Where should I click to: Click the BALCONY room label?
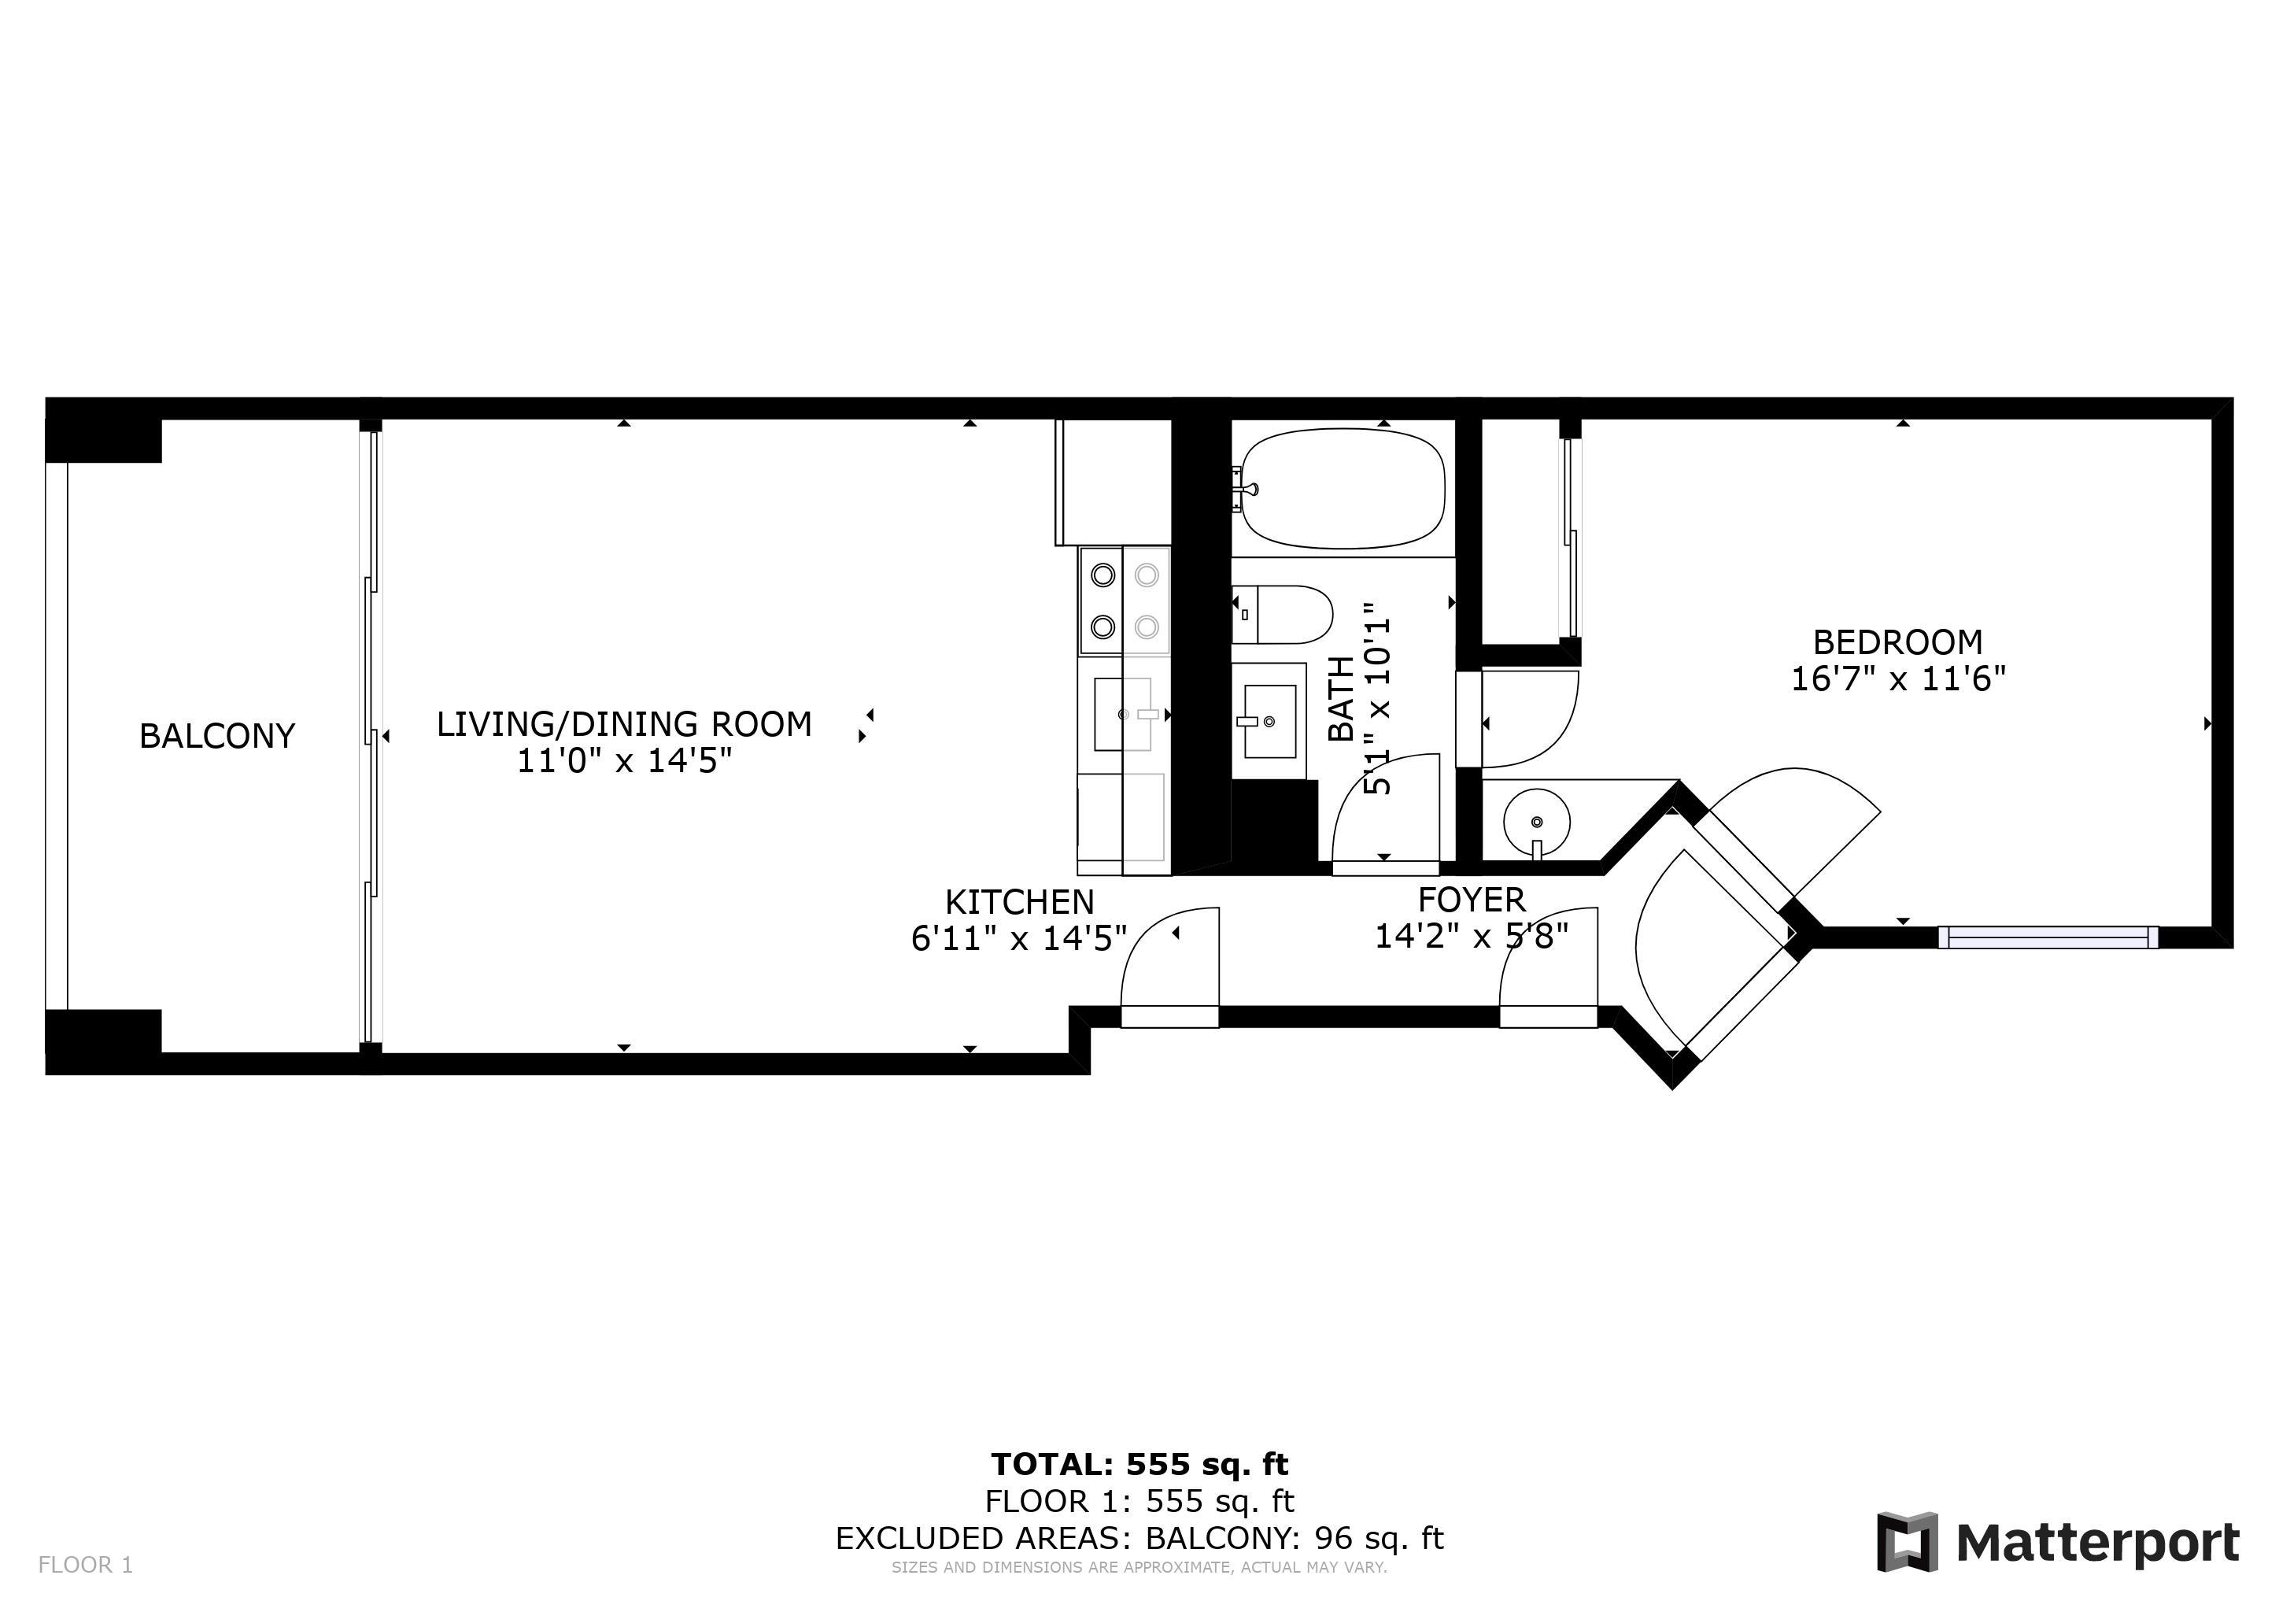tap(217, 735)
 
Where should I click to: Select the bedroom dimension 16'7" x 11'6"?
tap(1898, 679)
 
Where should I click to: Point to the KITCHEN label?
tap(1019, 902)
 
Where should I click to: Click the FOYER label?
tap(1471, 900)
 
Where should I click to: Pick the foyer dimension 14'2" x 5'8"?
tap(1471, 936)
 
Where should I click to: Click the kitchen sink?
tap(1123, 714)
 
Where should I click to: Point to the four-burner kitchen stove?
tap(1125, 600)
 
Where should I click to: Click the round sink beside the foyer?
tap(1537, 823)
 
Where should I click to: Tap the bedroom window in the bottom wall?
tap(2048, 937)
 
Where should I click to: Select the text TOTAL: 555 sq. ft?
tap(1139, 1464)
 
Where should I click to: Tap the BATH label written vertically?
tap(1341, 698)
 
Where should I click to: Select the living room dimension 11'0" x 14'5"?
tap(624, 761)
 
